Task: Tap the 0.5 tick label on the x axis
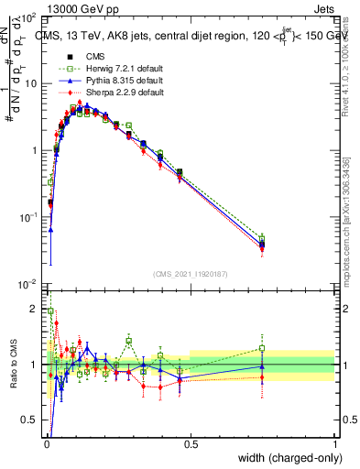pos(191,445)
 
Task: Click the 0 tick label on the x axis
pos(46,445)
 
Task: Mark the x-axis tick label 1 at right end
pos(334,445)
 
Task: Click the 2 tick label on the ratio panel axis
pos(35,309)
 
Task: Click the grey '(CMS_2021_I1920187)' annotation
pos(190,273)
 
